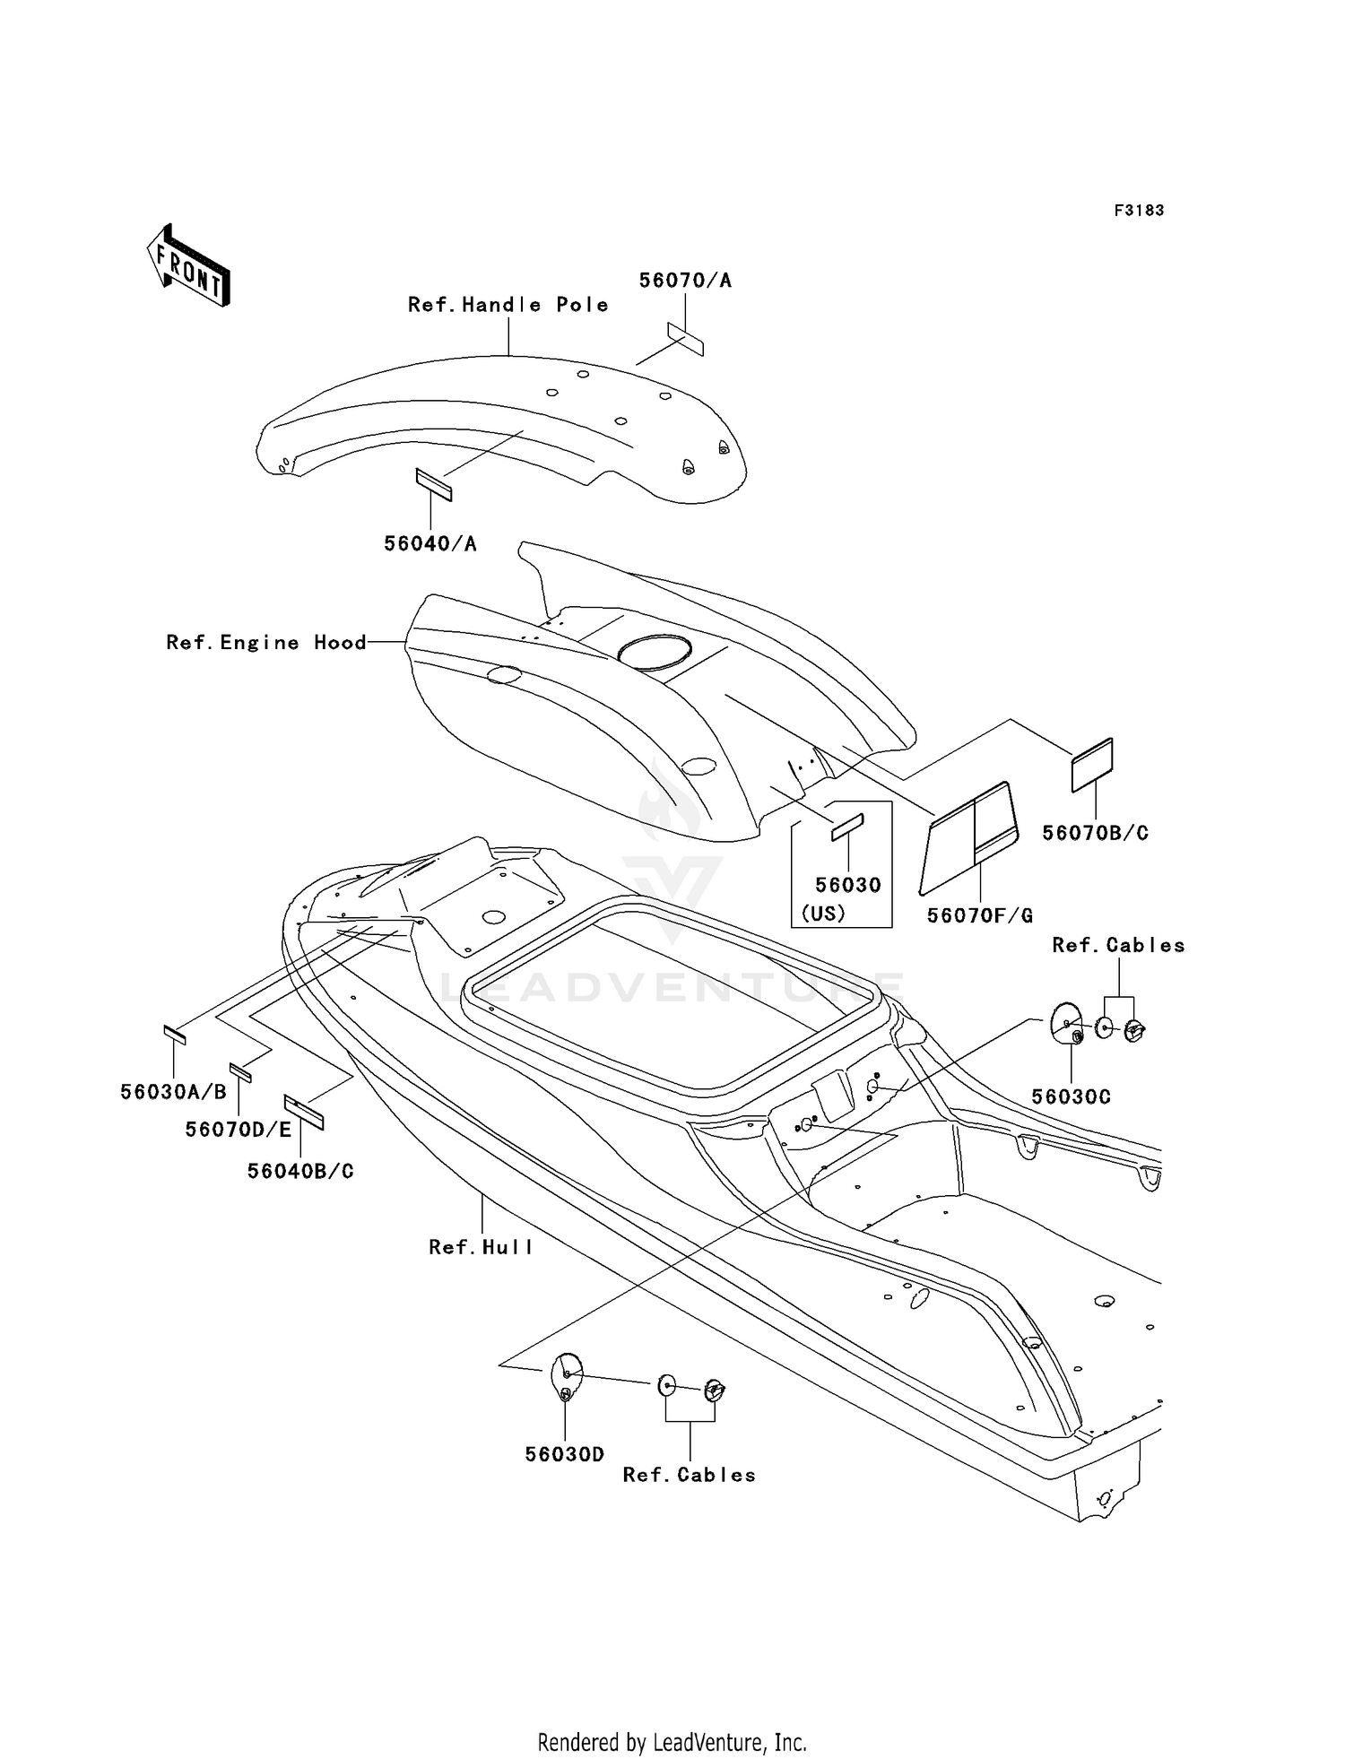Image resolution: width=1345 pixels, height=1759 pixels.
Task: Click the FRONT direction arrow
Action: tap(188, 264)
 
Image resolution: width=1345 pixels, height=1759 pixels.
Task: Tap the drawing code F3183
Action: tap(1139, 211)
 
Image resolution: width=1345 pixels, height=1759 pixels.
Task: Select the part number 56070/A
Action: tap(685, 281)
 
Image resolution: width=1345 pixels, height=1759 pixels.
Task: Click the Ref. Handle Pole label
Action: tap(508, 305)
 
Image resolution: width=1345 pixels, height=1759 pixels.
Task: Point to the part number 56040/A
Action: tap(430, 543)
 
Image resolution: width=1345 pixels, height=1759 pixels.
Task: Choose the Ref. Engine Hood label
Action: tap(266, 643)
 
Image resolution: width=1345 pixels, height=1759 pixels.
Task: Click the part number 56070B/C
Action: tap(1095, 833)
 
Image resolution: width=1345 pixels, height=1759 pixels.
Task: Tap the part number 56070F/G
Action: tap(980, 915)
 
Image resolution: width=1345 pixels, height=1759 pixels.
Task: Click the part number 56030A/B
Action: tap(174, 1092)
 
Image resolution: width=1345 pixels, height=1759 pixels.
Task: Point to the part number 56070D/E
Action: tap(239, 1130)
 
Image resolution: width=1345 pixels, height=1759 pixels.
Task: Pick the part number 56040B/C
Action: tap(300, 1171)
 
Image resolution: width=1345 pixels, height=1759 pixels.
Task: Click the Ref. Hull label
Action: tap(481, 1247)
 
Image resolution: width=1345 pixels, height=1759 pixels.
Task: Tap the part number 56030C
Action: tap(1071, 1096)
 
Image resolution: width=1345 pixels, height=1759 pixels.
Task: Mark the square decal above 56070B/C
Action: tap(1092, 765)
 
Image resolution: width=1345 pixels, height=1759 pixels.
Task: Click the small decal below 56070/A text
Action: tap(685, 339)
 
